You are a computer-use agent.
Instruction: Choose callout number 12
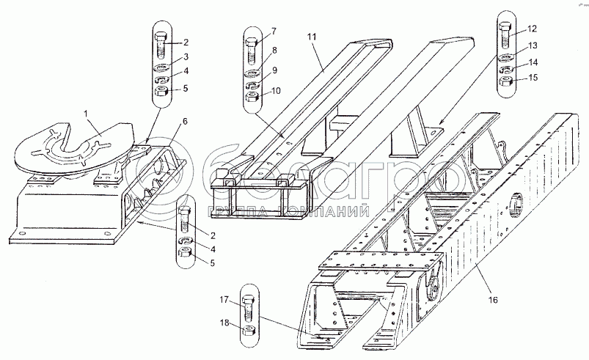[x=533, y=29]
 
